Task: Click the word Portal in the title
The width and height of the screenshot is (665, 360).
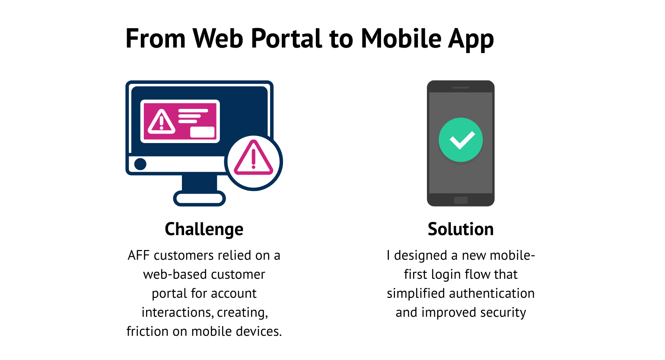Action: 286,39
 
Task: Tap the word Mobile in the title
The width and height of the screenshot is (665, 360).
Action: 401,39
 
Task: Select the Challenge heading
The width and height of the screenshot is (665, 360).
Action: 204,229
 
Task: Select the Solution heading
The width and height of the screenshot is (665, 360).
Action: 461,229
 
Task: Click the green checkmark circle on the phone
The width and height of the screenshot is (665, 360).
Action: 461,140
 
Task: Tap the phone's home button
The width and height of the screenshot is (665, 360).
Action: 461,200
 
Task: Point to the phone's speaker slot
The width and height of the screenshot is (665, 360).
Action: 461,88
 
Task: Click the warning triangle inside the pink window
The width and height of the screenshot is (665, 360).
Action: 162,121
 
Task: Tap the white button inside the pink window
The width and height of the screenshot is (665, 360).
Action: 202,132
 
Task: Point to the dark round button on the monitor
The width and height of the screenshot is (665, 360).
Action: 140,164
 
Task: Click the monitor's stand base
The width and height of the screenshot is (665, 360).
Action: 200,199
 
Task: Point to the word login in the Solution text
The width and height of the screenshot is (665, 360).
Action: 446,274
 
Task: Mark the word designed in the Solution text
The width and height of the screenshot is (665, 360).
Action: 420,255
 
